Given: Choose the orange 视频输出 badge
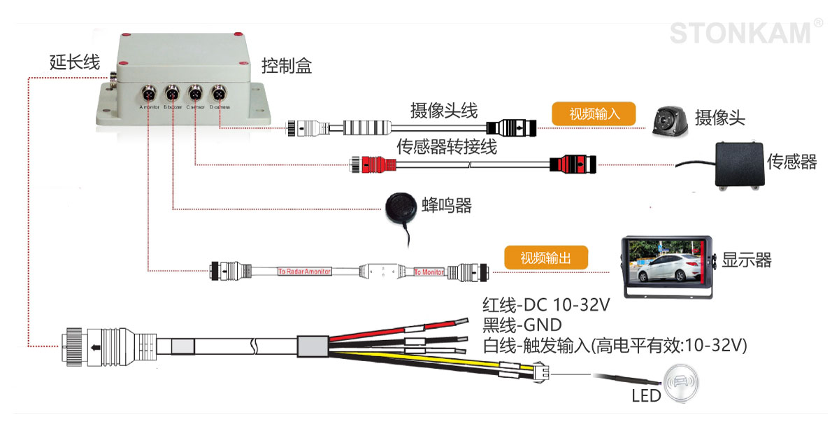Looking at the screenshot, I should click(x=545, y=258).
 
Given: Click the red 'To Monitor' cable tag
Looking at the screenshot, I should click(x=429, y=272).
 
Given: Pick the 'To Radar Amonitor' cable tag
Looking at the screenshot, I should click(x=304, y=271).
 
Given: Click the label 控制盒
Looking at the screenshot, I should click(x=287, y=67).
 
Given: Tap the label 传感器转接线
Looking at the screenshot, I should click(x=447, y=147).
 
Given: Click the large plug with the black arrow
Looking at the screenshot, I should click(x=104, y=345).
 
